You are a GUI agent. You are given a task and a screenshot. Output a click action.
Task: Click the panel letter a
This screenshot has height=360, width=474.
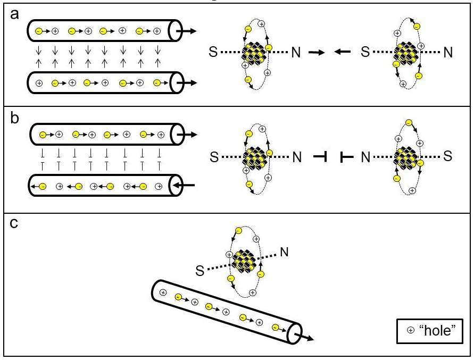tap(14, 15)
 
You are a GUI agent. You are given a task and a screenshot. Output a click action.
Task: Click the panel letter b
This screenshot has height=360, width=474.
tap(14, 118)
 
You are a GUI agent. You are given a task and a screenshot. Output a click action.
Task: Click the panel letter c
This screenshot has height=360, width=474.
tap(14, 223)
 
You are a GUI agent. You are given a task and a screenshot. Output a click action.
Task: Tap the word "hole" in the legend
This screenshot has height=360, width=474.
tap(437, 330)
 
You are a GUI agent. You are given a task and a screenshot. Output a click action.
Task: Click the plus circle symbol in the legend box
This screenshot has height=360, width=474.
tap(410, 330)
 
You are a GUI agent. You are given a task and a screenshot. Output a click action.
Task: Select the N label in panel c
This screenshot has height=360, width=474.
tap(284, 252)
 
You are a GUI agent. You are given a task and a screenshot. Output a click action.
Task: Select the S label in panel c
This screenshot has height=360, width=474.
tap(199, 271)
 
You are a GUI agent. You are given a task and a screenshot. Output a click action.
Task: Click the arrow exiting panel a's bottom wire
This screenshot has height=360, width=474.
tap(187, 82)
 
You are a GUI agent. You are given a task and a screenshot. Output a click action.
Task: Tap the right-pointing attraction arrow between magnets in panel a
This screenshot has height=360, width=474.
tap(317, 52)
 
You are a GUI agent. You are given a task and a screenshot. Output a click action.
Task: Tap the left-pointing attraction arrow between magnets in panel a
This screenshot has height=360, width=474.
tap(343, 52)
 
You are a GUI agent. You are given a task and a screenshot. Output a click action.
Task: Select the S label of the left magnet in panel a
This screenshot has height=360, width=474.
tap(213, 52)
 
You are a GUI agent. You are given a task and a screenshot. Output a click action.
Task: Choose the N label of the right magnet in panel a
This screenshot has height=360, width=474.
tap(448, 53)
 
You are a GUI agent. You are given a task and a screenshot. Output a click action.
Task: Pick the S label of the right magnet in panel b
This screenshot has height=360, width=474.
tap(448, 156)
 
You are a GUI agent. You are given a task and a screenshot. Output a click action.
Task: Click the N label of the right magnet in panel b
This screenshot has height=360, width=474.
tap(366, 157)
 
